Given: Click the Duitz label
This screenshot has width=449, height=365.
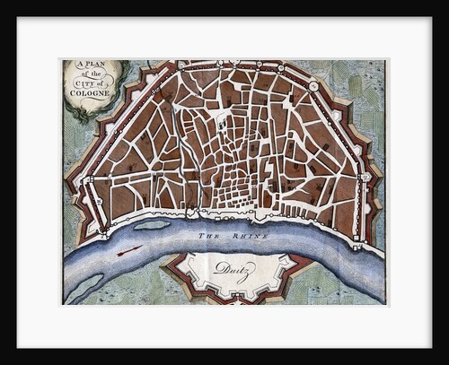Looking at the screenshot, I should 235,267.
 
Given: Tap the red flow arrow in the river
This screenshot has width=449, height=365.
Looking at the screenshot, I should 129,249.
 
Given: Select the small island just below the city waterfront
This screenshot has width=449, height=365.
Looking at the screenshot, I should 152,224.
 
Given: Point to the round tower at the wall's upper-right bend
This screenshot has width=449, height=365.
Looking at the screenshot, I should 312,85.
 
